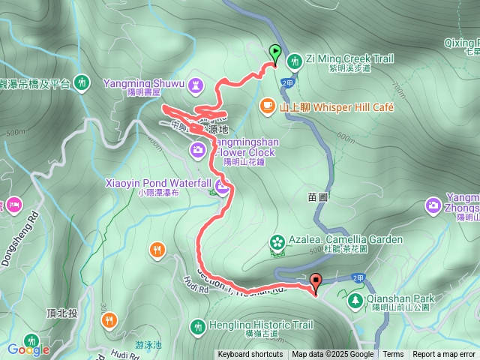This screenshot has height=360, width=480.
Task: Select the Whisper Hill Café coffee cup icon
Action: [x=266, y=106]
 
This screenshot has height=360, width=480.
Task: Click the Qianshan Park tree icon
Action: [x=355, y=299]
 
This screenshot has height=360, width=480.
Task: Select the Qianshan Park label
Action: [x=400, y=298]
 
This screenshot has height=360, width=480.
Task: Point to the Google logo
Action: [x=28, y=349]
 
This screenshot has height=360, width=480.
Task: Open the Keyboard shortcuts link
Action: [x=250, y=355]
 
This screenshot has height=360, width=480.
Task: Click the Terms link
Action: [x=393, y=355]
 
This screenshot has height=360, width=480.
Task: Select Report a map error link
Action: [x=444, y=355]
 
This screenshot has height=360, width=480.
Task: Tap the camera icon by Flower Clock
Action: [x=197, y=149]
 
